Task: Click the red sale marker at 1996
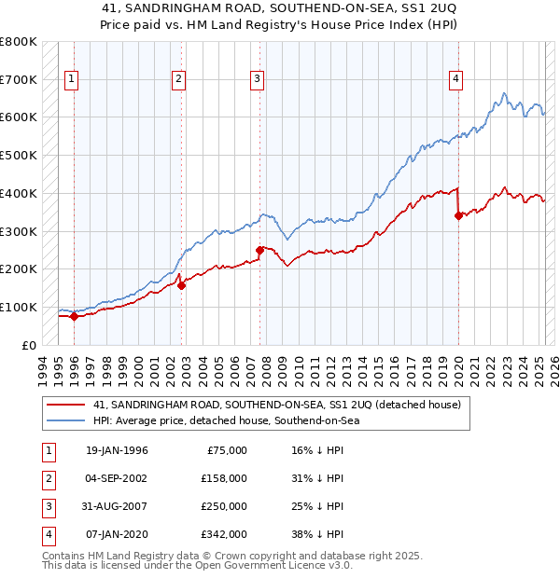pyautogui.click(x=74, y=316)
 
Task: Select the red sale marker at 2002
pyautogui.click(x=181, y=285)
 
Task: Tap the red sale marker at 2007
pyautogui.click(x=259, y=250)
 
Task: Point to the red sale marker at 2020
pyautogui.click(x=458, y=215)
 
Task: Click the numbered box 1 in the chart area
pyautogui.click(x=71, y=79)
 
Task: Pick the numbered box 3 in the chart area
pyautogui.click(x=257, y=79)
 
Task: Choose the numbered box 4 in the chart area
pyautogui.click(x=455, y=79)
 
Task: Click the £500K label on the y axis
pyautogui.click(x=19, y=155)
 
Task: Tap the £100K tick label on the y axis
pyautogui.click(x=19, y=307)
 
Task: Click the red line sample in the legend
pyautogui.click(x=65, y=406)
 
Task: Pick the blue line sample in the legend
pyautogui.click(x=65, y=420)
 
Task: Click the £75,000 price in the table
pyautogui.click(x=225, y=450)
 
